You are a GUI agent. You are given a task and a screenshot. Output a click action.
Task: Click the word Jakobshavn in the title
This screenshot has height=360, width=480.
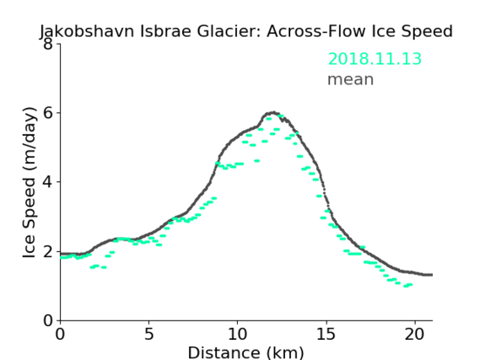[x=87, y=31]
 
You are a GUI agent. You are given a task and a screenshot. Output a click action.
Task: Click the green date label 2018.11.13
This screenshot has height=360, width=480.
[x=375, y=58]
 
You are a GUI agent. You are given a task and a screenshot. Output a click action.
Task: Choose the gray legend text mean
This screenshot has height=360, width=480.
[x=351, y=79]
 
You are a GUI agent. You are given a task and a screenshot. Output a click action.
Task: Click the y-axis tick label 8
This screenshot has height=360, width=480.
[x=48, y=44]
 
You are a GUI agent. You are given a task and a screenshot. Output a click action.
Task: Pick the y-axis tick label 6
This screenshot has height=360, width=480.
[x=48, y=113]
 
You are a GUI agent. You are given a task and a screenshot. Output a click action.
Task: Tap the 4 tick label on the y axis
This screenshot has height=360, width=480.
[x=48, y=182]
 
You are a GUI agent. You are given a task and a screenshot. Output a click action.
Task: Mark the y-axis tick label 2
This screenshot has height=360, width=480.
[x=48, y=251]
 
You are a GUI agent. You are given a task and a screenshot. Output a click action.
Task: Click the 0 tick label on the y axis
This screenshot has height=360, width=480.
[x=48, y=320]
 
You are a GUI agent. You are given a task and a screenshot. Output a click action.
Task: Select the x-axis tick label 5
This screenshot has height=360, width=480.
[x=148, y=334]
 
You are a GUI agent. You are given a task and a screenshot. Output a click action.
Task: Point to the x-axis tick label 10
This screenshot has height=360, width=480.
[x=238, y=334]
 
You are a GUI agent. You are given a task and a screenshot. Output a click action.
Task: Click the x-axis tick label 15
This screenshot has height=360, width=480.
[x=326, y=334]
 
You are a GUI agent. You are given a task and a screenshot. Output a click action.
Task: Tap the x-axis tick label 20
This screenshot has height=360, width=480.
[x=414, y=334]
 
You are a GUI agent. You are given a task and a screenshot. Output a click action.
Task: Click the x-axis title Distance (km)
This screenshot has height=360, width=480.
[x=245, y=352]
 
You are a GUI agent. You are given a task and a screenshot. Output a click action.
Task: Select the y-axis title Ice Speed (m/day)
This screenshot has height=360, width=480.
[x=30, y=183]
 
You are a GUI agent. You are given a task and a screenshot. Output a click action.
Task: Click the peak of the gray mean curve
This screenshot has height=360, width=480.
[x=273, y=113]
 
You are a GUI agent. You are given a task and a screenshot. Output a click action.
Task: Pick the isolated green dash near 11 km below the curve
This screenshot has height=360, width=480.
[x=256, y=160]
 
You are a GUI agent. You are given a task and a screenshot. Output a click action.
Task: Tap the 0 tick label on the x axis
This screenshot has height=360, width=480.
[x=60, y=334]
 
